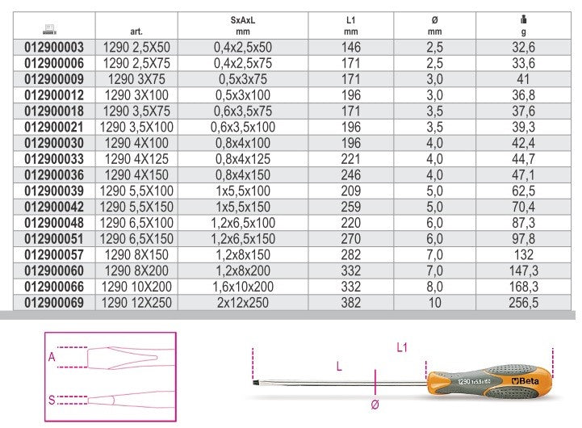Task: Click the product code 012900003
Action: [54, 48]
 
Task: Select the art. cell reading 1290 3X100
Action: [136, 95]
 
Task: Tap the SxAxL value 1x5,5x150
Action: [243, 207]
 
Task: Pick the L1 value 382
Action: [351, 303]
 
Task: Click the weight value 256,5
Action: [523, 303]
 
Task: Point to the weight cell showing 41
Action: [523, 79]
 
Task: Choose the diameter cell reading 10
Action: [434, 303]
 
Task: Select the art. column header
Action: [136, 31]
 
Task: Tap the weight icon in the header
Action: [523, 19]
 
